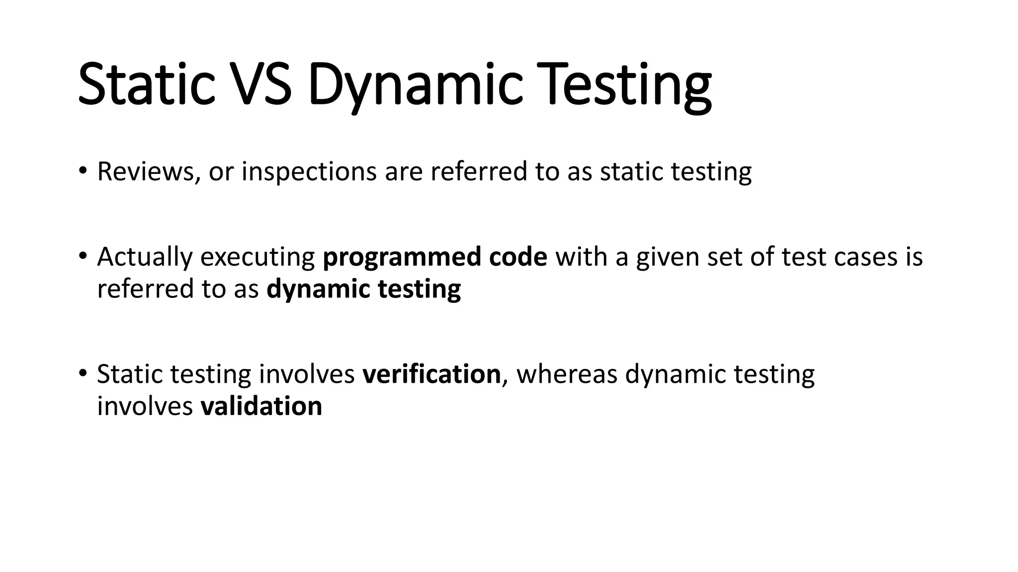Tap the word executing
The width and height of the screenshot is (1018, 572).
pyautogui.click(x=257, y=257)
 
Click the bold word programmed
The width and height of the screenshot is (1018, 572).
pyautogui.click(x=402, y=257)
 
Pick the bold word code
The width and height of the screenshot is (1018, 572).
pyautogui.click(x=518, y=257)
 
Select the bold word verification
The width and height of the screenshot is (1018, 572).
pyautogui.click(x=431, y=374)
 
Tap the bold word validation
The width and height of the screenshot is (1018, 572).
pyautogui.click(x=261, y=406)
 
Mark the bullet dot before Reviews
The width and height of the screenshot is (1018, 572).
pyautogui.click(x=83, y=171)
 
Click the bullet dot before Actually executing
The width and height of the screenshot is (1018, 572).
pyautogui.click(x=83, y=257)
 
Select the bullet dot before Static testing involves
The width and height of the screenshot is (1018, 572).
pyautogui.click(x=83, y=374)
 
